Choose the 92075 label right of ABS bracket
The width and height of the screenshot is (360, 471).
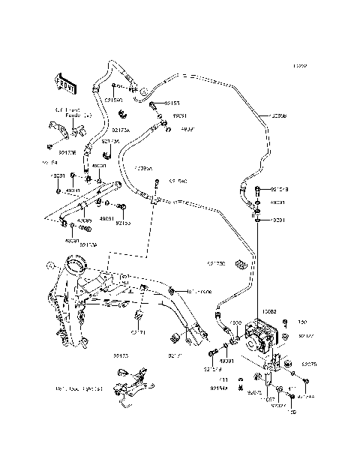click(310, 364)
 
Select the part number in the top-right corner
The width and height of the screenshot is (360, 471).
click(300, 66)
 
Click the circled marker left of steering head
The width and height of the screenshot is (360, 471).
click(49, 265)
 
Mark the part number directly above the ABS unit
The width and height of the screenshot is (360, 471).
click(268, 310)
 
